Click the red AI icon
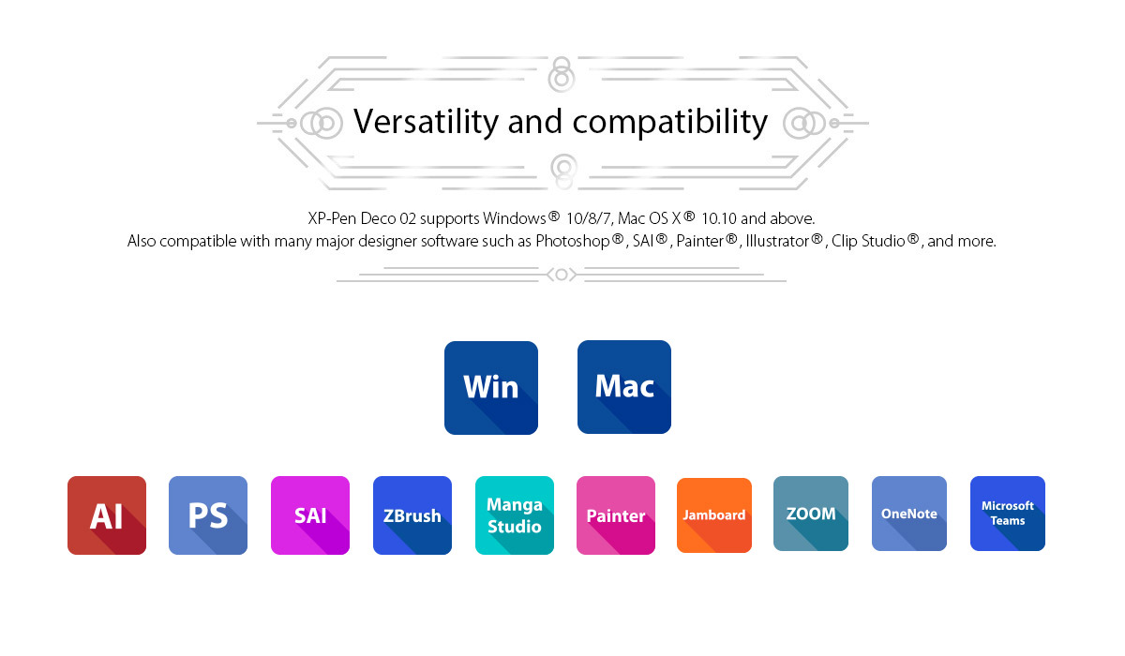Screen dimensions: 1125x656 tap(107, 515)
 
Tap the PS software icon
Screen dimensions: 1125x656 tap(208, 515)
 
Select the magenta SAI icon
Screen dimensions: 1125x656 tap(310, 515)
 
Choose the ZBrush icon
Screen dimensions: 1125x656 tap(412, 515)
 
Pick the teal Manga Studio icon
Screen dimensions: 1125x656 tap(515, 515)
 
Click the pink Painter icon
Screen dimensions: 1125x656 tap(616, 515)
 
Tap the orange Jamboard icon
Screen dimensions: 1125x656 tap(714, 515)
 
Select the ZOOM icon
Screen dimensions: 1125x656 tap(811, 514)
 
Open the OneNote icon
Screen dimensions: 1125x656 tap(909, 514)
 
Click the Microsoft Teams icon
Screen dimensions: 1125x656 tap(1008, 514)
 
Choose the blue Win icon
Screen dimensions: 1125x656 tap(491, 388)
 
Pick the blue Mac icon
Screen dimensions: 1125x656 tap(624, 387)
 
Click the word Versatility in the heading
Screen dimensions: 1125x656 tap(426, 122)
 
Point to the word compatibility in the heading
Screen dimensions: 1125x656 tap(670, 123)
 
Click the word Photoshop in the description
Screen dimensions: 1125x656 tap(573, 241)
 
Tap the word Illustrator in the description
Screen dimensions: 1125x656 tap(777, 241)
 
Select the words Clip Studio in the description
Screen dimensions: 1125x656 tap(868, 241)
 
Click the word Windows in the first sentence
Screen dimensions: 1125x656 tap(515, 218)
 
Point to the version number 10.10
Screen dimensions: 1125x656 tap(719, 218)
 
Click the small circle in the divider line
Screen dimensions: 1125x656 tap(562, 275)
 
